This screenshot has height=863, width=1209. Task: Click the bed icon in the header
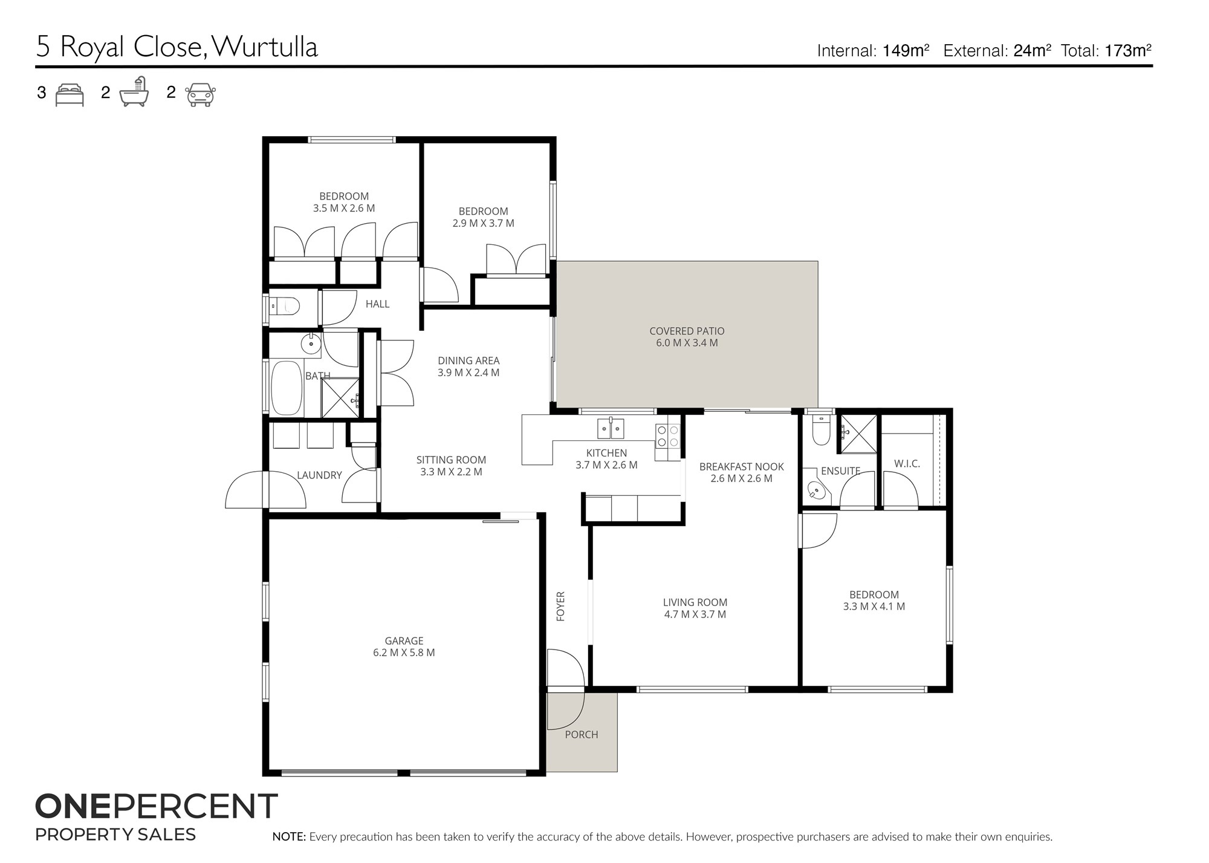(70, 95)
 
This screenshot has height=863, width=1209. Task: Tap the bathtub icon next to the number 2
(134, 93)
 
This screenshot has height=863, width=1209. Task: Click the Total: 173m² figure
(1106, 51)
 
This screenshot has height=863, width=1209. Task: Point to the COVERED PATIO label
(687, 337)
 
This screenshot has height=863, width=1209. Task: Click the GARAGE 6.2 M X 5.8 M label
(404, 646)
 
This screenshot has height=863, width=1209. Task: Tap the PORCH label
(582, 734)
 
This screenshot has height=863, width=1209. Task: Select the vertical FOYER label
(560, 606)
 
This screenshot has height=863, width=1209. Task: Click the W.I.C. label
(907, 464)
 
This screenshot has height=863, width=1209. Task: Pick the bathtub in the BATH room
(287, 388)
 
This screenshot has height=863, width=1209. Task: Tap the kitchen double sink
(611, 428)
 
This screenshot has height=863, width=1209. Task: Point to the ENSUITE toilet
(821, 431)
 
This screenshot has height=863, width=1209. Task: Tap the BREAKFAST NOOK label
(741, 472)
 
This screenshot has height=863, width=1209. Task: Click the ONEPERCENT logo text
(156, 806)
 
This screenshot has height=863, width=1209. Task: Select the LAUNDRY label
(319, 475)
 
